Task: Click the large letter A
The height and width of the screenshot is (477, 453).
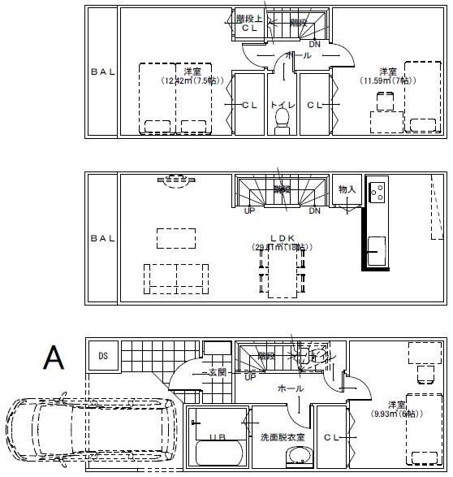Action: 54,358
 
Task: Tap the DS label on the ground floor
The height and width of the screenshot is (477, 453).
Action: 103,356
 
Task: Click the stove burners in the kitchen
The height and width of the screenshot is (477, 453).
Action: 378,192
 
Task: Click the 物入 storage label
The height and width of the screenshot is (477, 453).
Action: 347,189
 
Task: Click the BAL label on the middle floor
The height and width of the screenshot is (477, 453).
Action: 103,238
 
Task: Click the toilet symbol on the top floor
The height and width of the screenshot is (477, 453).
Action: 283,119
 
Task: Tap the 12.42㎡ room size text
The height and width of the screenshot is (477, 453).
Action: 188,80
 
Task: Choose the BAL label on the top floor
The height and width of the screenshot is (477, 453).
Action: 103,72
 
